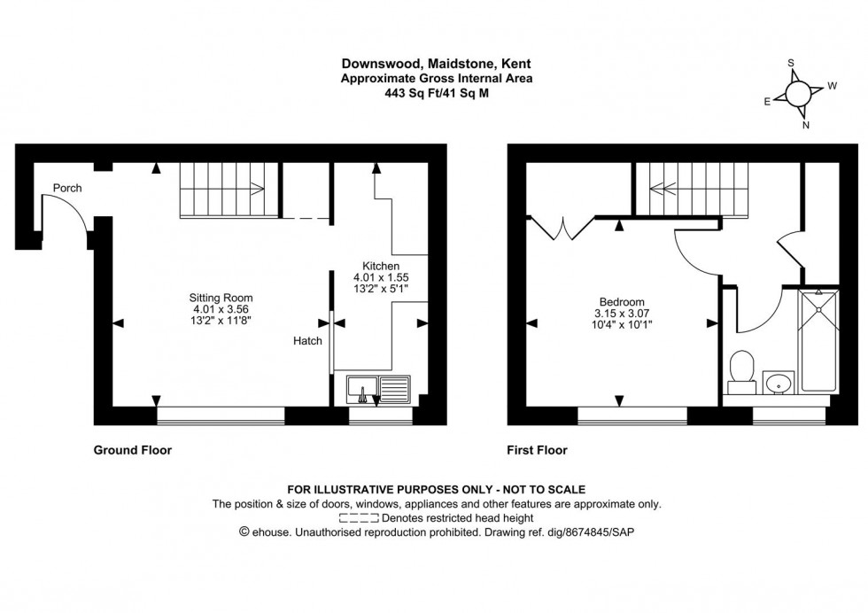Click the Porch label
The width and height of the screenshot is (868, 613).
pos(67,188)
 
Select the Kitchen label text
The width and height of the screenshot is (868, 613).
pos(381,265)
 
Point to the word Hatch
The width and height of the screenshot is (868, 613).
pos(308,341)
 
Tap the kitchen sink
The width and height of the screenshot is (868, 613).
pos(378,388)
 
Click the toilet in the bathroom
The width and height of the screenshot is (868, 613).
pos(741,371)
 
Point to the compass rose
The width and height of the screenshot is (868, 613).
pos(794,94)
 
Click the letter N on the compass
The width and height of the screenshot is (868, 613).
pos(805,125)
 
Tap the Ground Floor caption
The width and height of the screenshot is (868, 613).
pos(133,450)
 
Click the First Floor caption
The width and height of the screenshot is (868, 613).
pos(537,450)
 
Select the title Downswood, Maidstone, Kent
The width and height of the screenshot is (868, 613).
pos(432,64)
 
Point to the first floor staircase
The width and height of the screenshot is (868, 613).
pos(681,187)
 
